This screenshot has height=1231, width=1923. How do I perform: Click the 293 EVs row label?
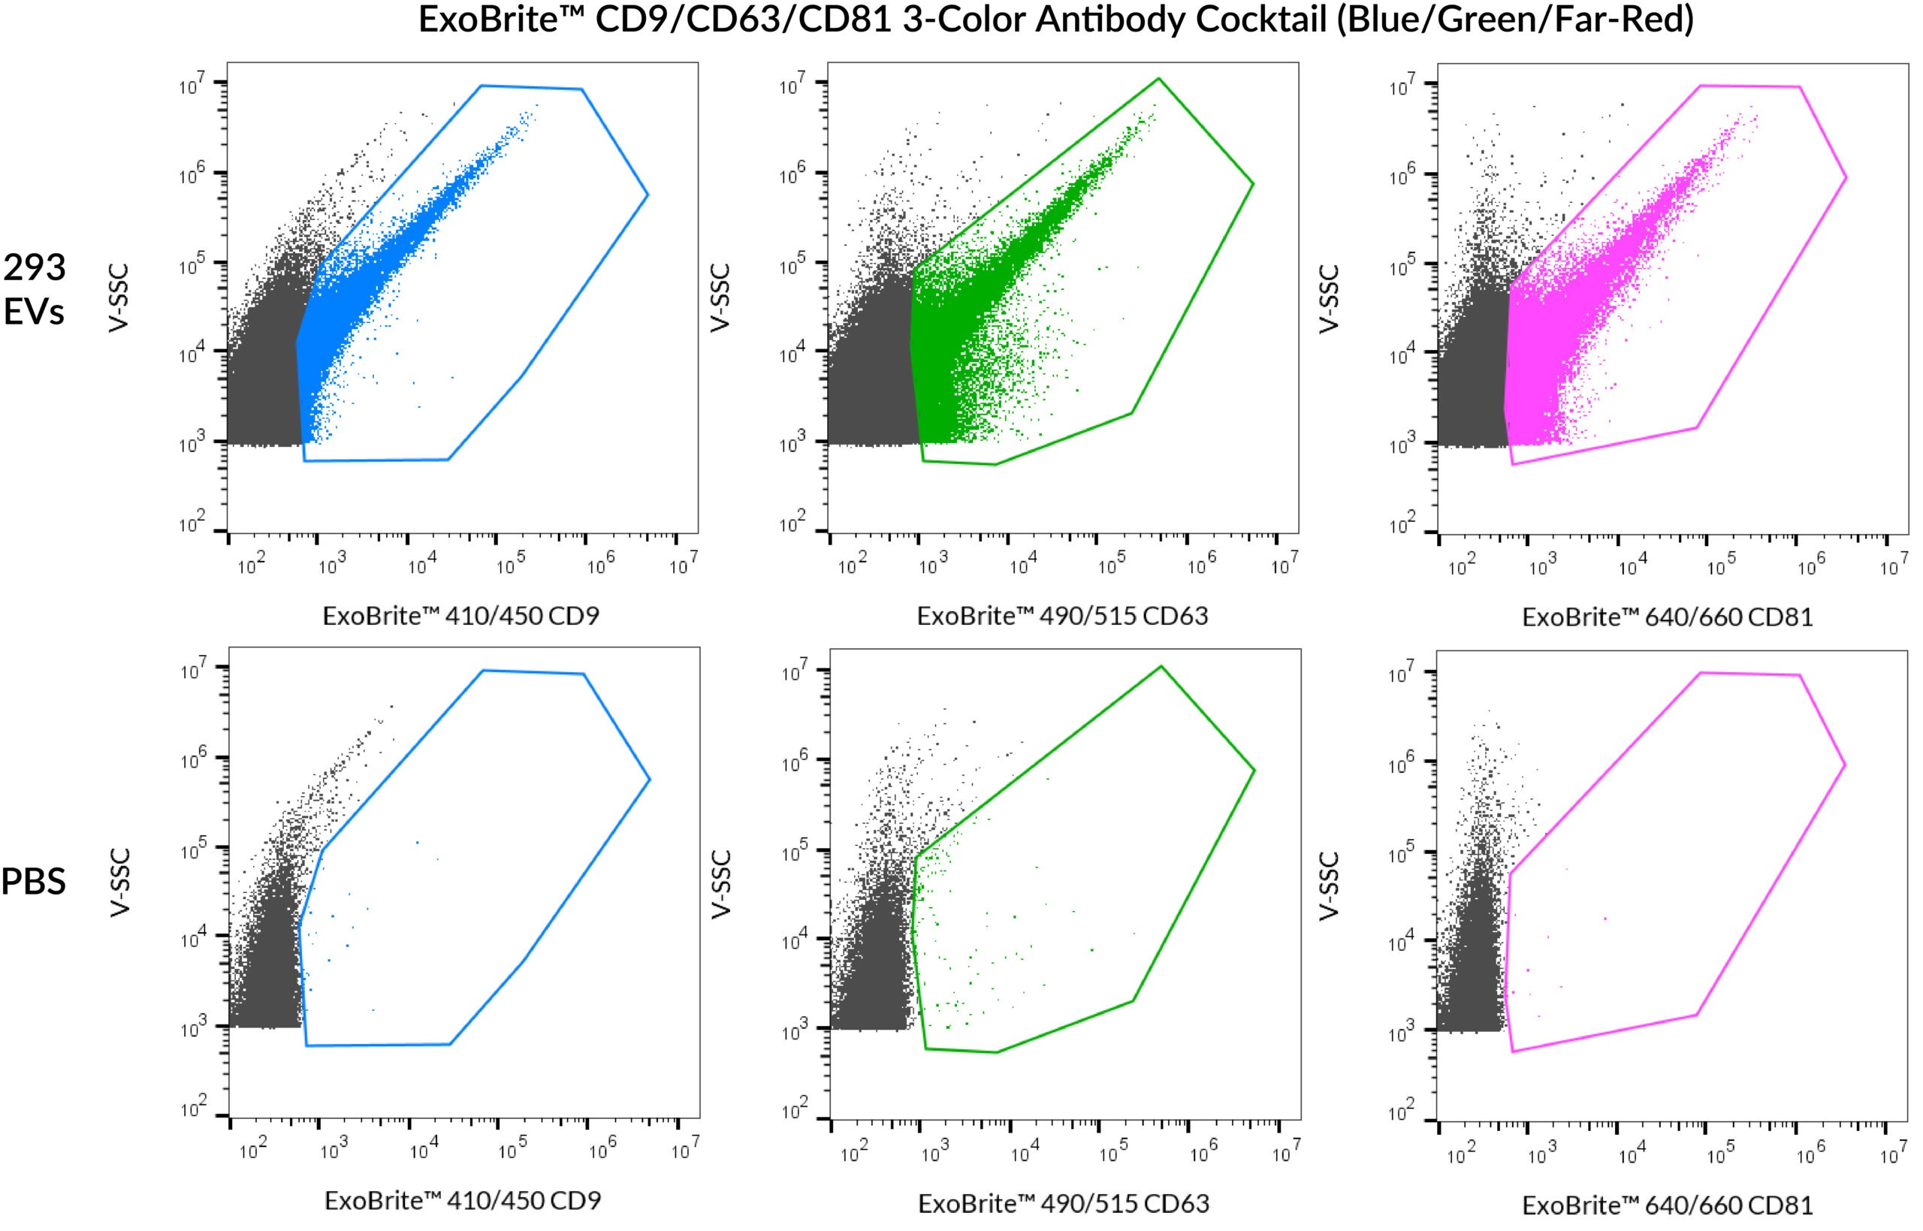(34, 288)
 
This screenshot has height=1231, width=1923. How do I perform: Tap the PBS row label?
(33, 881)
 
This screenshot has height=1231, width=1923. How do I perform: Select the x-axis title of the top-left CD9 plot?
(460, 616)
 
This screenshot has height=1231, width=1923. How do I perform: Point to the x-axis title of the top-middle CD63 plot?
(1061, 616)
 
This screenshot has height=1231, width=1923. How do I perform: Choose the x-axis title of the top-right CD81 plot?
(1668, 617)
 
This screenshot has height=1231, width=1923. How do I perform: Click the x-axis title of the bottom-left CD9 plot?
(462, 1201)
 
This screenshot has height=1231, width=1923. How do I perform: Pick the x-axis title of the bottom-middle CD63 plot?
(1063, 1203)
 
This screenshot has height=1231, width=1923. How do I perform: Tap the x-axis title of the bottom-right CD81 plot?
(1668, 1205)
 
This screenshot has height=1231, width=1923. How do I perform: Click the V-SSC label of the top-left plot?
(118, 297)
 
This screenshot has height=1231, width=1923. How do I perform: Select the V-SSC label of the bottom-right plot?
(1327, 886)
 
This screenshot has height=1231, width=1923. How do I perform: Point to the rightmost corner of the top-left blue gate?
(648, 195)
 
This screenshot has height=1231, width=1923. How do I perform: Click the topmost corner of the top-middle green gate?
(1158, 78)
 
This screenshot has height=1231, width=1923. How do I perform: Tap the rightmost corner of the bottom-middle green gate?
(1254, 771)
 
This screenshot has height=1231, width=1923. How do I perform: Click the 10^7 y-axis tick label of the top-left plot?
(192, 84)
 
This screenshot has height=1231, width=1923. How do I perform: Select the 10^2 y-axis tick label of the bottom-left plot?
(193, 1109)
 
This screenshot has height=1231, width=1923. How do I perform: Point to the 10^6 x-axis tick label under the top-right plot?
(1811, 567)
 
